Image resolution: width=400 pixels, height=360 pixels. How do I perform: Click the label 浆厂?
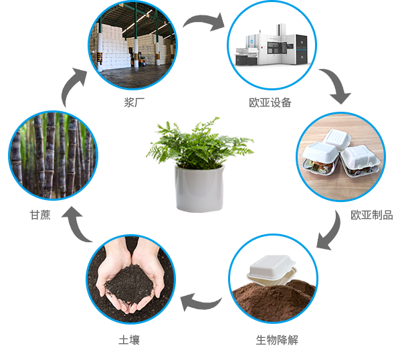(x=134, y=102)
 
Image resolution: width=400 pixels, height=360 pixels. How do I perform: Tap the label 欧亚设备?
(x=270, y=102)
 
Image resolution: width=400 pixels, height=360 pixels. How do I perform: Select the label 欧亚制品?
(x=372, y=215)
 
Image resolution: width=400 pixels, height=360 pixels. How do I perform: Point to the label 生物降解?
(x=277, y=340)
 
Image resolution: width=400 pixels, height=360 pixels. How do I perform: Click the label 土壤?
(x=129, y=340)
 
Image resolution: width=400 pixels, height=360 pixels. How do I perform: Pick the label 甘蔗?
(x=40, y=215)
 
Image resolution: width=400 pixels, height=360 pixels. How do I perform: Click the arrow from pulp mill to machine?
(x=204, y=21)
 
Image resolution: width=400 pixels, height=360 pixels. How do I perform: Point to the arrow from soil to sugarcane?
(x=76, y=226)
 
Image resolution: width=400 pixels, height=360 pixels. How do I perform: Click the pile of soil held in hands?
(x=130, y=283)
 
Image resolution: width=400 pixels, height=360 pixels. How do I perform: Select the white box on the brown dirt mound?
(x=272, y=270)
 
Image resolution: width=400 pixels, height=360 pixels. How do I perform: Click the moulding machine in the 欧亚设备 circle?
(x=272, y=46)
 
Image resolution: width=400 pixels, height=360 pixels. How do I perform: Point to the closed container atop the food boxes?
(x=336, y=139)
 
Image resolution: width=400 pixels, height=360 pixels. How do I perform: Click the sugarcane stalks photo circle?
(x=54, y=156)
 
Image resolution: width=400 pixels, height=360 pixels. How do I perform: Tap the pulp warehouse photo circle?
(x=133, y=45)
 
